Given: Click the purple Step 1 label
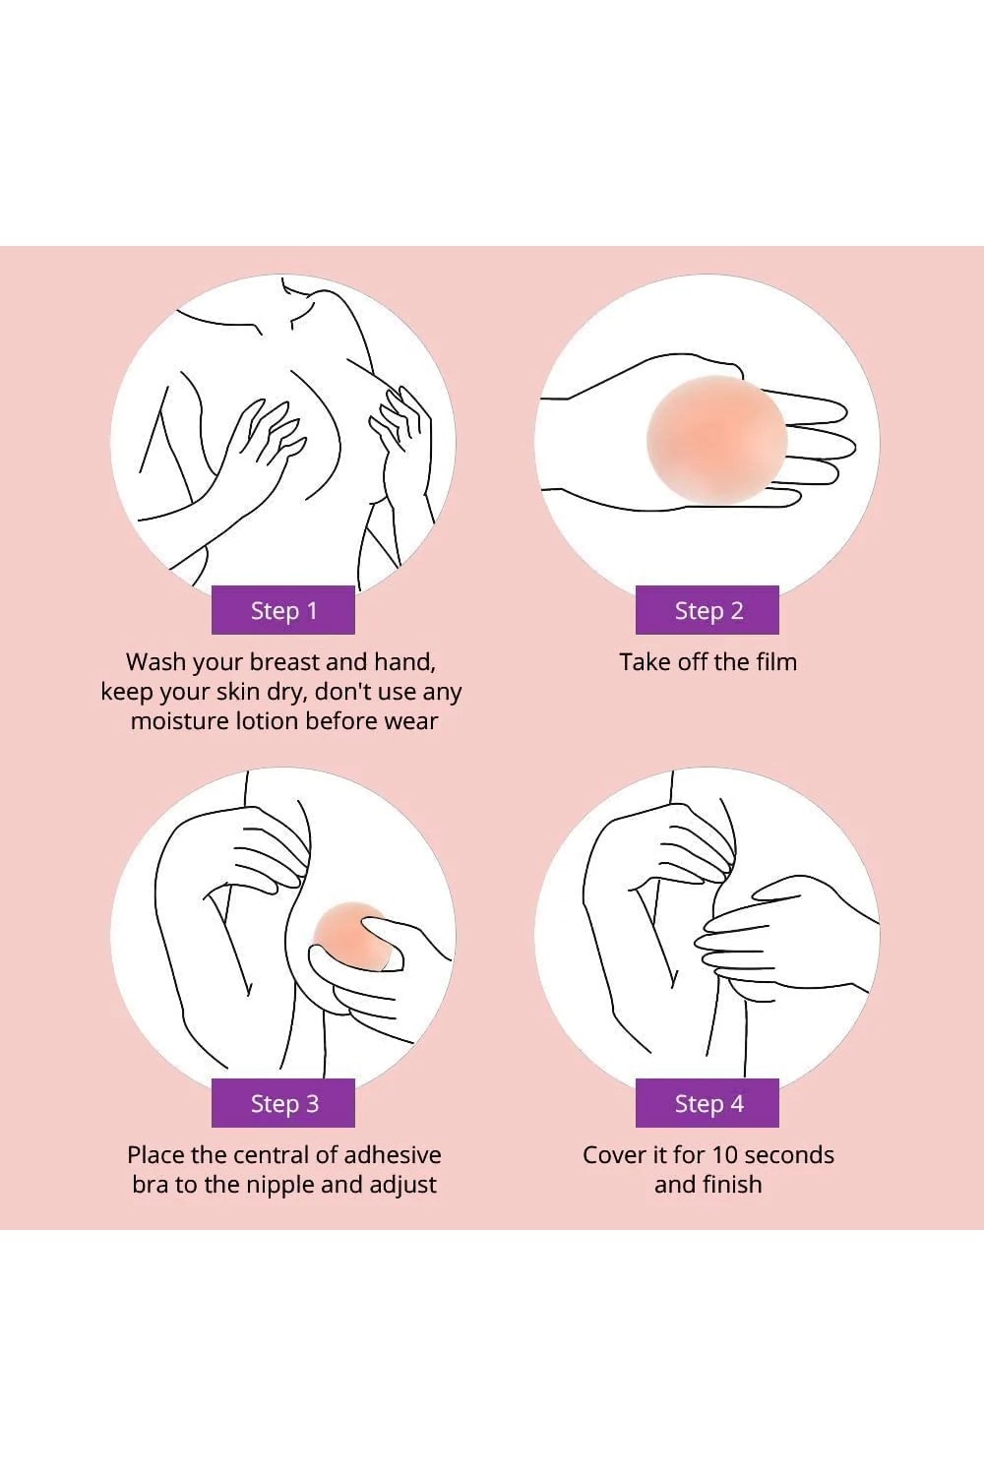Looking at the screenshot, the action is (x=283, y=609).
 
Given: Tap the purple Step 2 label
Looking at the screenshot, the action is (x=707, y=609).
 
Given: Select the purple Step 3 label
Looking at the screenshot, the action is (x=283, y=1102).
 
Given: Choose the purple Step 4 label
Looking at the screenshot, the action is (x=707, y=1102).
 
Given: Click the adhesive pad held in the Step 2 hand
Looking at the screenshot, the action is (x=717, y=441).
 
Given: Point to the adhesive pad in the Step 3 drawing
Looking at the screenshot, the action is (x=351, y=936).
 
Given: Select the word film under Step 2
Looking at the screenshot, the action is (x=777, y=661).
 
